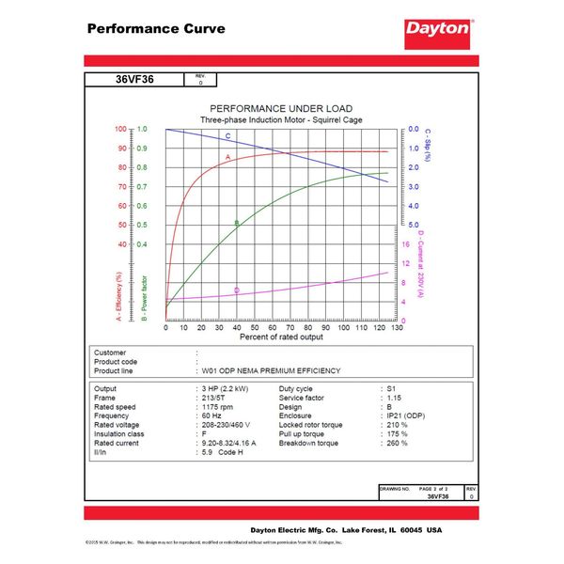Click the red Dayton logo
pos(438,29)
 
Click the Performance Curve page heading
pos(156,28)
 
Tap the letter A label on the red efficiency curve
pos(227,157)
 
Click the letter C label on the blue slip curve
pos(227,137)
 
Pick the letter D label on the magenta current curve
pos(236,290)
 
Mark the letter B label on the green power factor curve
pos(237,224)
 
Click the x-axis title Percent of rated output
pos(281,336)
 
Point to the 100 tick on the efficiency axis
pos(119,129)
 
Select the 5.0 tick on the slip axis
pos(414,225)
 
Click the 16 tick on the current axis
pos(406,243)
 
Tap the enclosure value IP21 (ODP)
pos(406,415)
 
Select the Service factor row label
pos(304,397)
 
